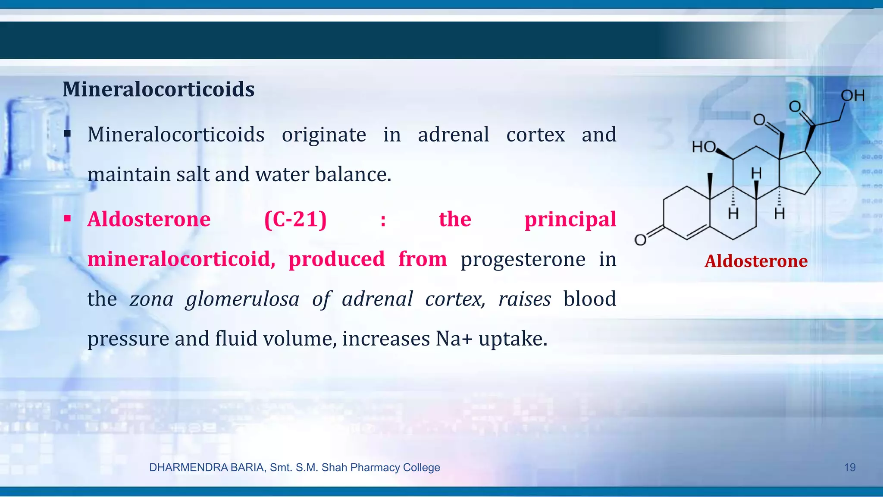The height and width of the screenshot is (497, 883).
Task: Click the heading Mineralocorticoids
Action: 158,89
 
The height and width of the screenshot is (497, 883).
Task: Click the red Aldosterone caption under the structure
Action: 756,261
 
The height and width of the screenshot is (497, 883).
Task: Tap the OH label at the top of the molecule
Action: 852,95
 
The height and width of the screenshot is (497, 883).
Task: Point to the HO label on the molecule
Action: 704,147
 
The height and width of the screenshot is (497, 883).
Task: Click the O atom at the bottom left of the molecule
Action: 640,240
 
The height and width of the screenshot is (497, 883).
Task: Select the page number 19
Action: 849,467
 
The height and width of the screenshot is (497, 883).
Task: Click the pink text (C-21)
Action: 295,219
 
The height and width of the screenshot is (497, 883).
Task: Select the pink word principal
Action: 570,219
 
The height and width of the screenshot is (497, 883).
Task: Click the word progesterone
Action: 523,259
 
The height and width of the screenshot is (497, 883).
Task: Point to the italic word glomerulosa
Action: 242,299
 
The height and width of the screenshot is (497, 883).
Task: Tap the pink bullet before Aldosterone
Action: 67,218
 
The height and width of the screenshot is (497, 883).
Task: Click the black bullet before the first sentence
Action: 67,134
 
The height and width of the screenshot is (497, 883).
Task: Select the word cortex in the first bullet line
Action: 535,135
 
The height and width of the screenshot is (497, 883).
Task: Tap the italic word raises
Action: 524,299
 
